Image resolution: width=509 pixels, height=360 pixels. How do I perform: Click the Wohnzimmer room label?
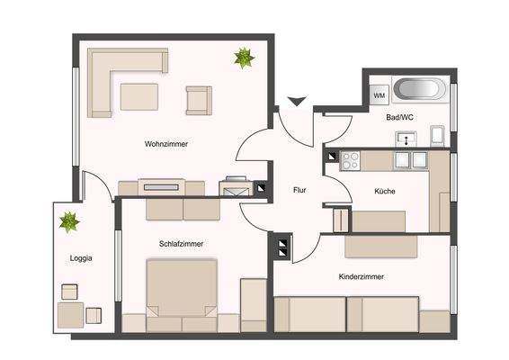165,144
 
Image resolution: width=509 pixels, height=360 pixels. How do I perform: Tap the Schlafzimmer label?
181,244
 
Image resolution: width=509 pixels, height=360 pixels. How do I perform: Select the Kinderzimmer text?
362,276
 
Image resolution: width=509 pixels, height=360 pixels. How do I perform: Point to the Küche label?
385,191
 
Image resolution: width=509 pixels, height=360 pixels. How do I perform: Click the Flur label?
301,190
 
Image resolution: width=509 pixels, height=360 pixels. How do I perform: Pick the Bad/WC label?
400,118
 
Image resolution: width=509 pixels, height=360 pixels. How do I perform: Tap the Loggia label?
81,259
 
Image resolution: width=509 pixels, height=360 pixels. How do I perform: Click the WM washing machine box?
379,94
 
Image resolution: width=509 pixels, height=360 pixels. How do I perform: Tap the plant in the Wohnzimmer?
244,59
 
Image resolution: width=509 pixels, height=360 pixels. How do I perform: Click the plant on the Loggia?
68,220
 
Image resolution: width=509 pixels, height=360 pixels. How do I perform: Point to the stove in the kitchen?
350,161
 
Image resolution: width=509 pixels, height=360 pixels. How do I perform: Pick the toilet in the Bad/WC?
437,137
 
